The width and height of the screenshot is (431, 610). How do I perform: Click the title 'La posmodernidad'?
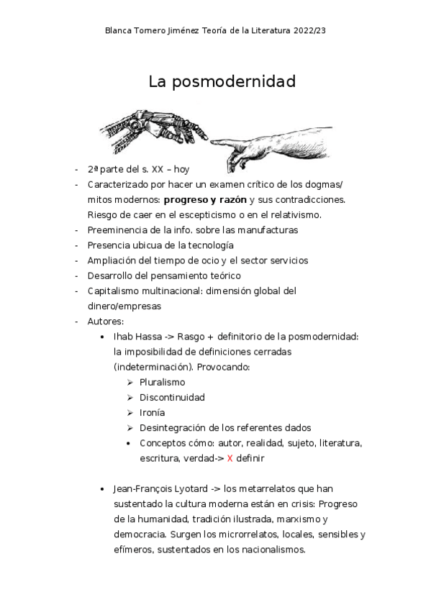click(222, 81)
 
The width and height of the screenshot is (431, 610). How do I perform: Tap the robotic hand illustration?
click(155, 127)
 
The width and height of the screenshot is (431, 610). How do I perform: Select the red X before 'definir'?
click(230, 457)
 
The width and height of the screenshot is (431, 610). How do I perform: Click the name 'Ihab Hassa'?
click(137, 336)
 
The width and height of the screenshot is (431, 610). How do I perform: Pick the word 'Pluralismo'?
click(162, 382)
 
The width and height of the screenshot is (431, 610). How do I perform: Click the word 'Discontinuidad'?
click(172, 397)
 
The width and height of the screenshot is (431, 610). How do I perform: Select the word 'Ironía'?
click(152, 412)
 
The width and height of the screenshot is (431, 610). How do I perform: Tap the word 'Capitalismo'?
click(113, 291)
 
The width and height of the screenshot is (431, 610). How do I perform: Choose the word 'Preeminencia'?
click(117, 229)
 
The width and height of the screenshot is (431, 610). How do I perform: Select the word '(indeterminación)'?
click(152, 367)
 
